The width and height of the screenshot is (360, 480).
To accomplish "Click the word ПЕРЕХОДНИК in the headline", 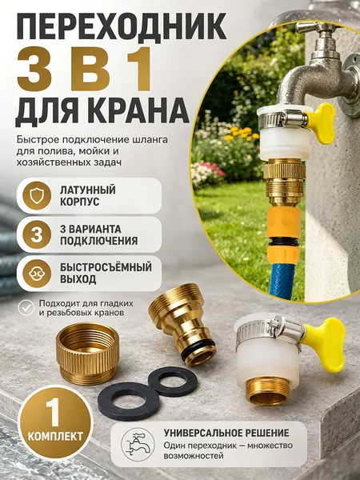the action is tap(122, 26).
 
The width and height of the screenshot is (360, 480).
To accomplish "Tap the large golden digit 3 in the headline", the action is tap(34, 68).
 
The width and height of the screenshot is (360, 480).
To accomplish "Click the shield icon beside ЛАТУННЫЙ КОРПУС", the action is tap(37, 196).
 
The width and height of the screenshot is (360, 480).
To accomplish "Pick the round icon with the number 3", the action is tap(37, 234).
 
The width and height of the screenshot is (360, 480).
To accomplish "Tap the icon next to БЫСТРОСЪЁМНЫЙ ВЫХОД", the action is tap(37, 274).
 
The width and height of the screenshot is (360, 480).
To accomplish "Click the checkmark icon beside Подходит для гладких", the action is tap(26, 308).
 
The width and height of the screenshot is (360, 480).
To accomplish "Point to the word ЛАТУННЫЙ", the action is tap(87, 190).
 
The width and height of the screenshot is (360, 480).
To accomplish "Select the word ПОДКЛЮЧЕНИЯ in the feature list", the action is tap(98, 241).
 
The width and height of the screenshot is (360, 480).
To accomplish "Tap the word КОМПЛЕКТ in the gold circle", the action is tap(55, 436).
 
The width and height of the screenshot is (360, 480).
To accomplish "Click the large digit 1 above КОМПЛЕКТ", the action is tap(53, 412).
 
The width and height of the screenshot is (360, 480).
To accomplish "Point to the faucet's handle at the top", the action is tap(315, 28).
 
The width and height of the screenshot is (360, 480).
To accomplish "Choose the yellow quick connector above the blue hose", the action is tap(284, 234).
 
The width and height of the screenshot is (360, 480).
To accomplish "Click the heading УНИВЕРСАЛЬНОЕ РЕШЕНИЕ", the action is tap(226, 433).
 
